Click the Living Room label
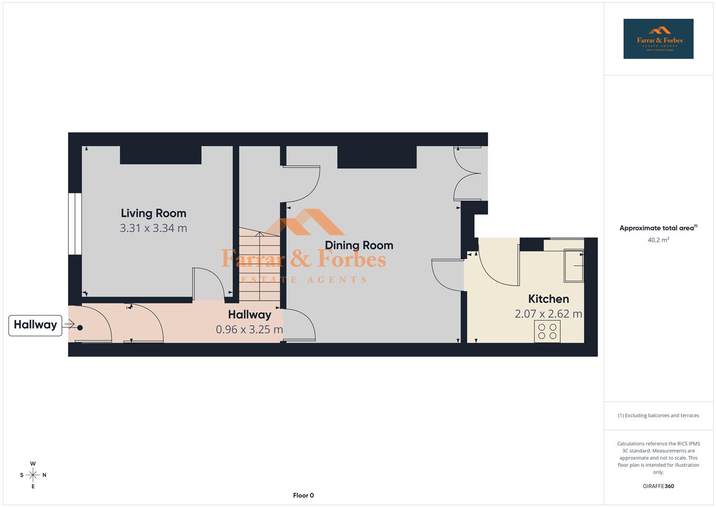pos(153,213)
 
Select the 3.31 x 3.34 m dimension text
pos(153,228)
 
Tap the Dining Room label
pos(359,245)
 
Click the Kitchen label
pos(548,299)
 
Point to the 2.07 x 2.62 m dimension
pos(548,314)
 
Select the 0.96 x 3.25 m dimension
pos(249,330)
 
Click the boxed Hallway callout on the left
pos(35,325)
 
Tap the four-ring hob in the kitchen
pos(547,331)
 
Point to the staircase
pos(259,265)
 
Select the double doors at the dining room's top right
pos(468,173)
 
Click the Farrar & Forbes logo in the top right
pos(658,39)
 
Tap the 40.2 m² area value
pos(658,240)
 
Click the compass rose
pos(33,475)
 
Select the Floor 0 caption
pos(303,495)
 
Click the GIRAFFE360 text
pos(658,486)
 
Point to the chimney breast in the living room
pos(161,155)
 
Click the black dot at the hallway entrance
pos(80,328)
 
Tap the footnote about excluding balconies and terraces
pos(658,415)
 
